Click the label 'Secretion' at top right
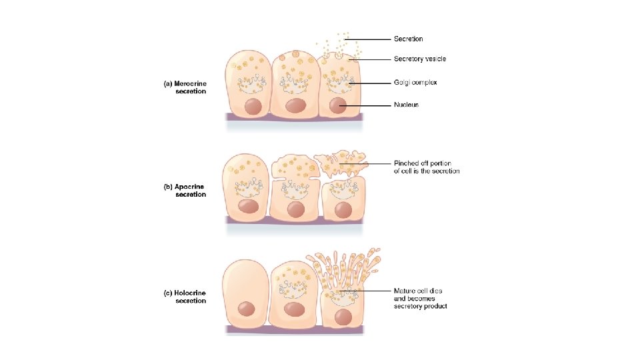pyautogui.click(x=408, y=39)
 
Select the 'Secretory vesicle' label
pyautogui.click(x=419, y=59)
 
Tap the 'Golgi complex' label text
pyautogui.click(x=414, y=83)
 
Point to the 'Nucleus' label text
pyautogui.click(x=406, y=105)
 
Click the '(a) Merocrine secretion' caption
pyautogui.click(x=185, y=87)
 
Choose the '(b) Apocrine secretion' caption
pyautogui.click(x=185, y=191)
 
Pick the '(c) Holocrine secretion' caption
pyautogui.click(x=185, y=297)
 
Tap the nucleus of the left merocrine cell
pyautogui.click(x=253, y=105)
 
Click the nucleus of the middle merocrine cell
pyautogui.click(x=295, y=106)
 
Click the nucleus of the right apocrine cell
pyautogui.click(x=343, y=209)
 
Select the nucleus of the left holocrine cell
pyautogui.click(x=247, y=308)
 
